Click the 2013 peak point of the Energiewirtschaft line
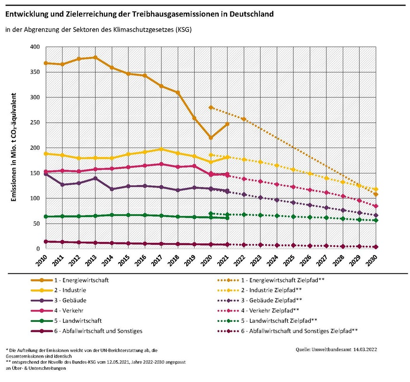[x=95, y=58]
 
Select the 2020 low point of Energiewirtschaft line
[x=211, y=138]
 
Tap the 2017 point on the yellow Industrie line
[x=161, y=149]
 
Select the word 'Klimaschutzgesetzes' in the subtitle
[x=140, y=30]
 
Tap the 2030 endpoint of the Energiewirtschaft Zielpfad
[x=376, y=194]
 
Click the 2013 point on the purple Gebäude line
[x=95, y=179]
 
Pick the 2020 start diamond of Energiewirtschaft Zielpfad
[x=211, y=108]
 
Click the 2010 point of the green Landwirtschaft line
[x=46, y=216]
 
